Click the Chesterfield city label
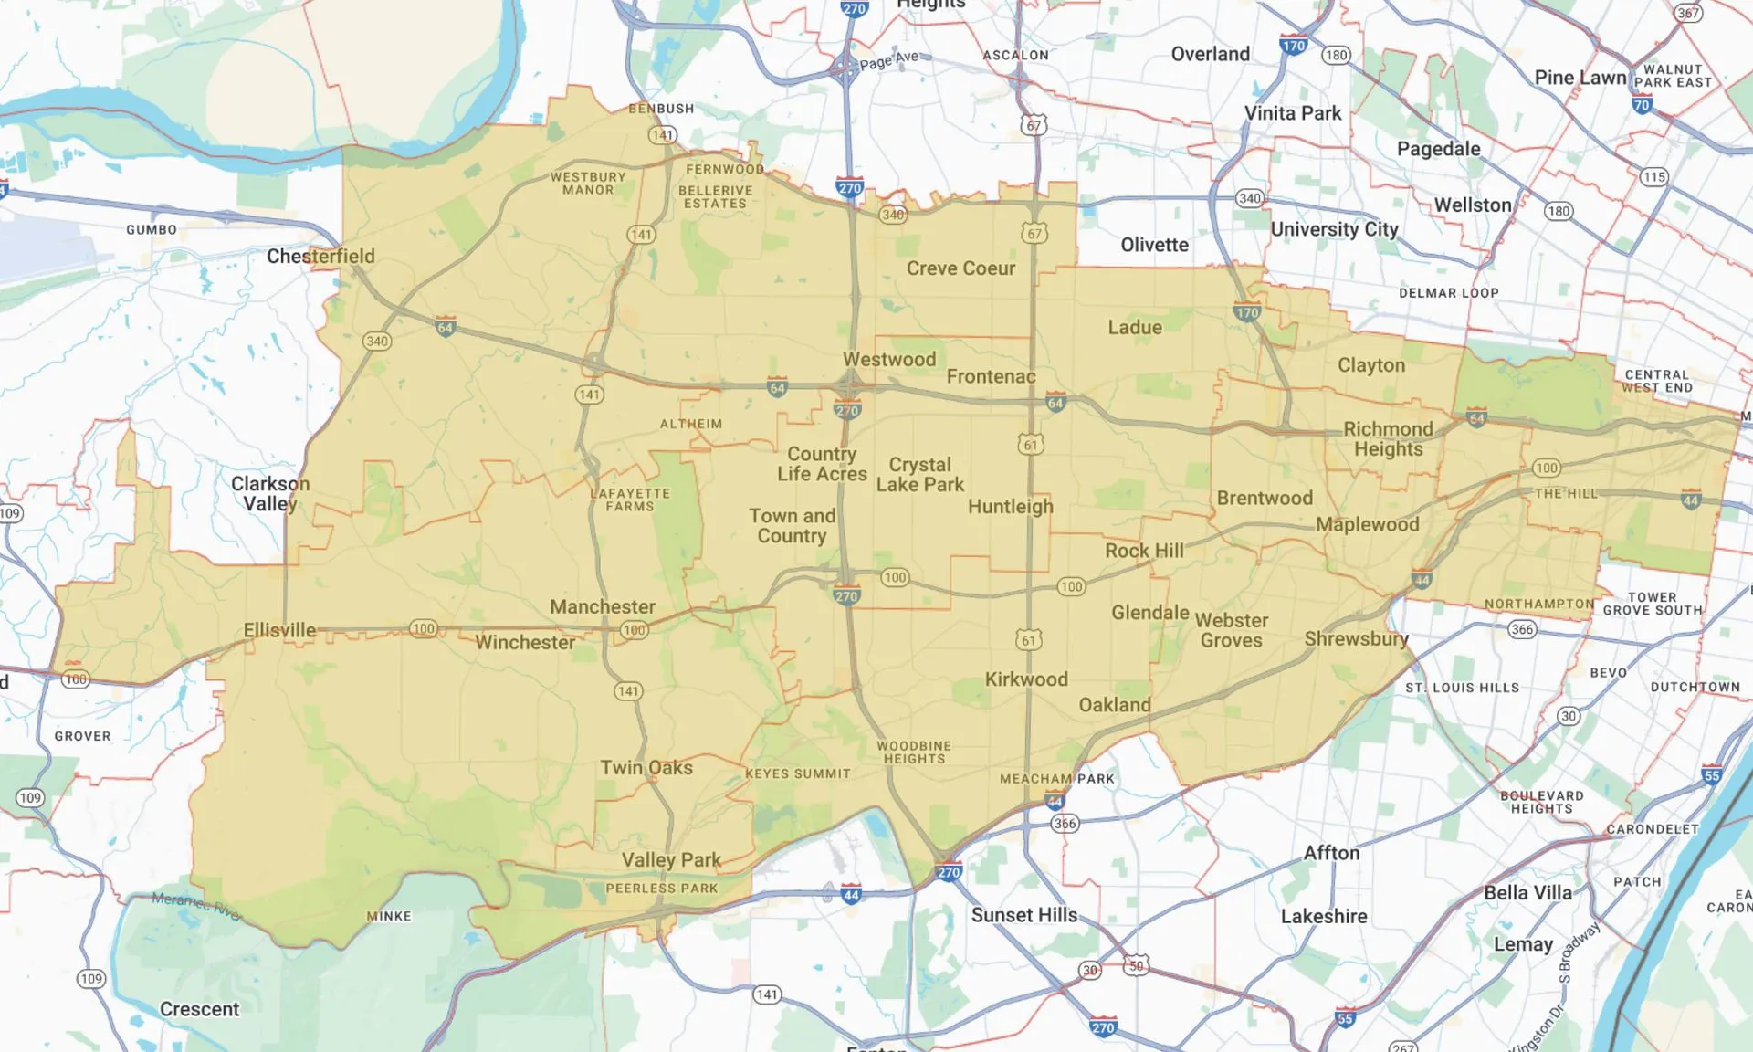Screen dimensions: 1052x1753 (320, 257)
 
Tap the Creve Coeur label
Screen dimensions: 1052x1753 (960, 268)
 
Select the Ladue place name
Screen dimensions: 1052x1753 (1135, 328)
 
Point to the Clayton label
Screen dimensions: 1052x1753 (1371, 365)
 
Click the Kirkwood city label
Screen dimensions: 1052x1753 (1026, 679)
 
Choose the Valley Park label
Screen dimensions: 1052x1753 (671, 860)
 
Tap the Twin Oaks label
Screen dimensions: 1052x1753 (646, 768)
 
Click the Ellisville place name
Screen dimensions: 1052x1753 (279, 630)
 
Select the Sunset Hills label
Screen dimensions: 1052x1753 (1023, 915)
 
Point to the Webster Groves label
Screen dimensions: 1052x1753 (1232, 630)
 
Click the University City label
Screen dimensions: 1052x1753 (1334, 229)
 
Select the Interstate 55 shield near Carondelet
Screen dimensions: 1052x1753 (1711, 775)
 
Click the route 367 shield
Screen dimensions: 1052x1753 (1688, 13)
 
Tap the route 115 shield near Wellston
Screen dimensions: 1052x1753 (1653, 177)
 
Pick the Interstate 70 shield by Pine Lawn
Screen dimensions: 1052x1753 (1642, 105)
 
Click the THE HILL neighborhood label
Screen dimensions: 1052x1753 (1566, 494)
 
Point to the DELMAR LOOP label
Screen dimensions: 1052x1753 (1449, 293)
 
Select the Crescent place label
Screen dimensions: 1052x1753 (199, 1009)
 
